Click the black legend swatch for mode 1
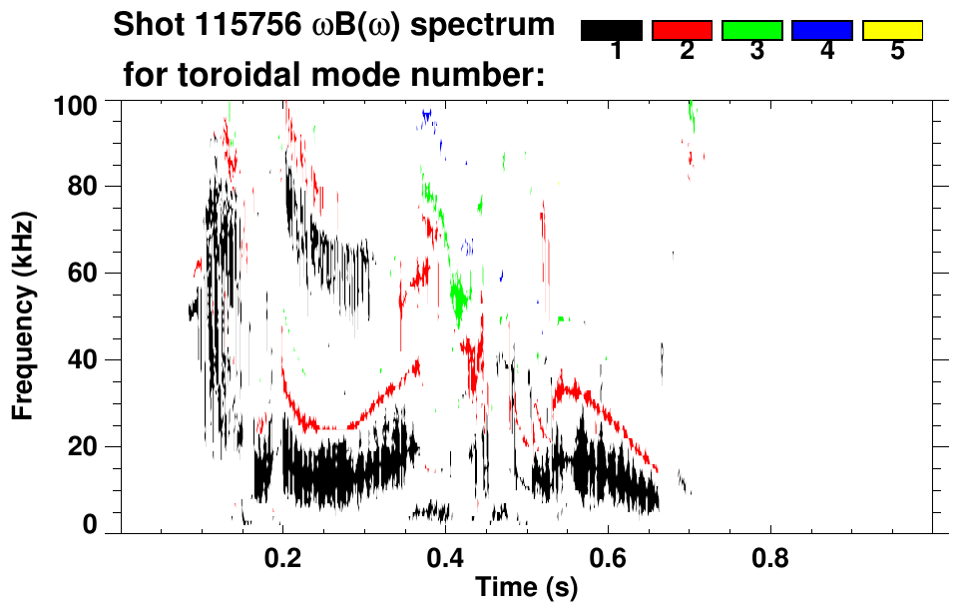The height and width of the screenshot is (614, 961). point(611,30)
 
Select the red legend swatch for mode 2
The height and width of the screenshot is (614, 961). point(682,30)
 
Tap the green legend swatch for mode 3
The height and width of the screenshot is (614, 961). point(751,30)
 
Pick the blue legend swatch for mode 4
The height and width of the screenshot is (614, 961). point(822,30)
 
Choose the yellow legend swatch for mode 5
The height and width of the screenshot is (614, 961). point(892,30)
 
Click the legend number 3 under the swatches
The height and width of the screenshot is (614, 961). point(756,52)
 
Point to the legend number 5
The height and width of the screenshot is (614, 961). point(897,52)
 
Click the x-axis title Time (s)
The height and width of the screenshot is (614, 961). point(525,588)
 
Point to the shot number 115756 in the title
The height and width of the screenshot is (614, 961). point(244,25)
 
